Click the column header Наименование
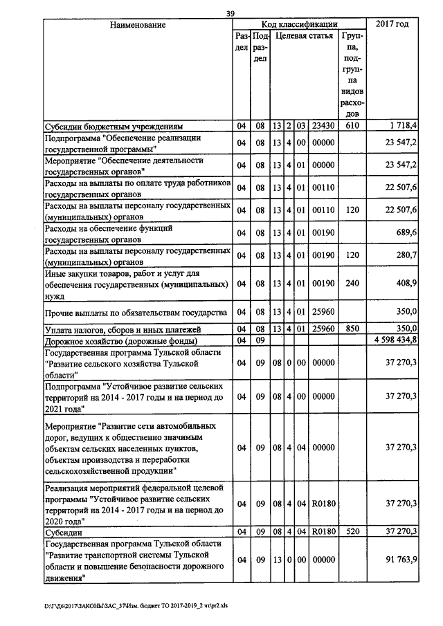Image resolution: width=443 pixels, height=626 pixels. click(137, 25)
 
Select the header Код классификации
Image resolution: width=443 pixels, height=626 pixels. click(300, 25)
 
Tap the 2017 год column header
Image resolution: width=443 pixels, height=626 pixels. click(392, 25)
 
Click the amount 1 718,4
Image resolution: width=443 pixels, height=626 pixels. click(403, 127)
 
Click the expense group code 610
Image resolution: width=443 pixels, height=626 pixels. click(352, 127)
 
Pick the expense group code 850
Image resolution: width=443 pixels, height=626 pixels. click(352, 329)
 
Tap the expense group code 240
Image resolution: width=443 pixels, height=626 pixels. click(352, 284)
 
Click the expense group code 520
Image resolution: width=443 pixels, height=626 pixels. click(352, 531)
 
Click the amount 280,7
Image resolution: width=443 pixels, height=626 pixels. click(405, 255)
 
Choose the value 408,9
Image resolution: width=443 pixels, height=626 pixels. click(405, 284)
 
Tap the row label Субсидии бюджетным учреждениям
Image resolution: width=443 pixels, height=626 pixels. click(113, 127)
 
